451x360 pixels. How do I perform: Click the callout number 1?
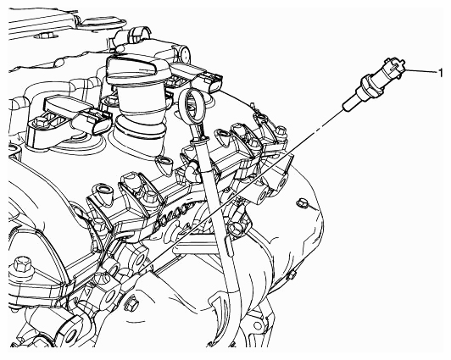[440, 73]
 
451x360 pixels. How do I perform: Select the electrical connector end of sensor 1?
[393, 68]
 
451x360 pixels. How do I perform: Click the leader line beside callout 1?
[421, 71]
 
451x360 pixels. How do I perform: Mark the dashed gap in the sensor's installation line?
[319, 130]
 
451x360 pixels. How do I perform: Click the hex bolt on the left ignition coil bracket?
[39, 123]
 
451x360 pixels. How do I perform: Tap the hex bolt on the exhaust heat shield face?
[302, 203]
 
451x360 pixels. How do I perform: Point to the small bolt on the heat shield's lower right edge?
[291, 275]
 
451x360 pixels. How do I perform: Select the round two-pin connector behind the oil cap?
[181, 53]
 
